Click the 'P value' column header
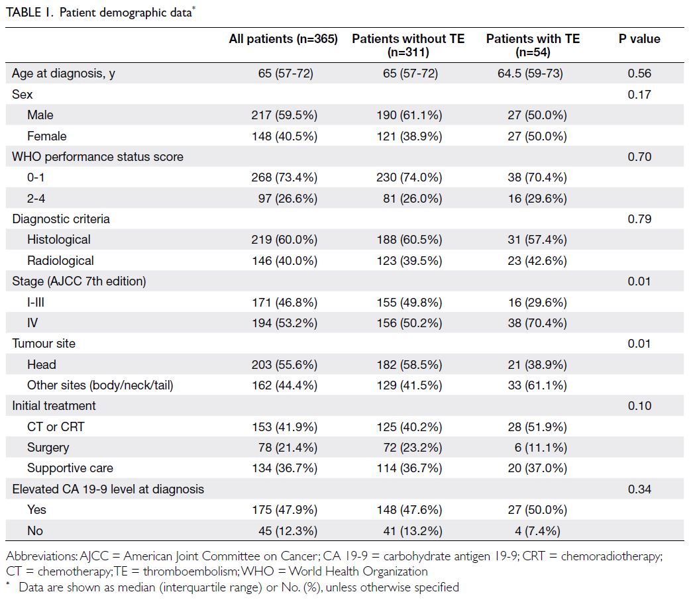tap(639, 39)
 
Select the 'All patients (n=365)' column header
tap(284, 39)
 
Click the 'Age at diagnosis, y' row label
tap(64, 74)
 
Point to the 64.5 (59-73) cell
tap(530, 74)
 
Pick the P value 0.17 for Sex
tap(639, 95)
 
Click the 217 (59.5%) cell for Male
tap(284, 115)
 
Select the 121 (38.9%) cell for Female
tap(409, 136)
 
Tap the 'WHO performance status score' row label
tap(97, 157)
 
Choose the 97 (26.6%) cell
tap(288, 199)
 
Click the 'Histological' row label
tap(59, 239)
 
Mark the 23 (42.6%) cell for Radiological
tap(537, 261)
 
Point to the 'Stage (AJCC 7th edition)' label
tap(79, 281)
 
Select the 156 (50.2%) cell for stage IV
tap(409, 323)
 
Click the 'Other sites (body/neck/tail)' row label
tap(100, 385)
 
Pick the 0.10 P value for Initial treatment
tap(639, 406)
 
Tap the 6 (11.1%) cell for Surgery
tap(541, 448)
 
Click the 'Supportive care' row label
tap(70, 468)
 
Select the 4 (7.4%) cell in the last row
tap(537, 531)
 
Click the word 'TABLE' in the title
tap(24, 13)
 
